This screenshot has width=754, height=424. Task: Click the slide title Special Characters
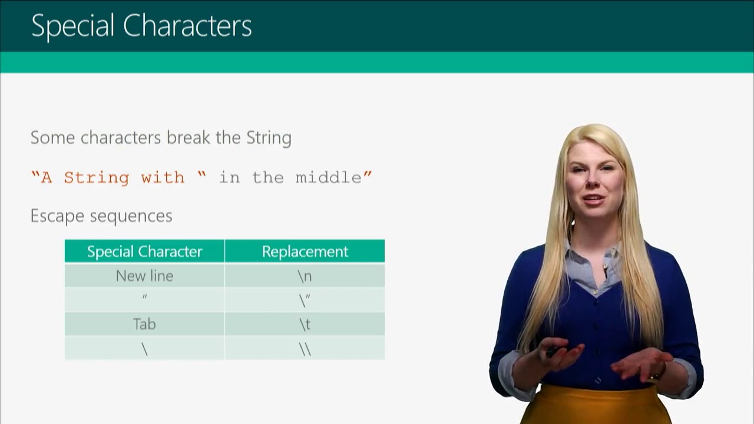(141, 26)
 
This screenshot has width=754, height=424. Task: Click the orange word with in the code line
(163, 178)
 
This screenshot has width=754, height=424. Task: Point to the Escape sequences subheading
(101, 216)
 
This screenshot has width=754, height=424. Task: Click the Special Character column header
(144, 251)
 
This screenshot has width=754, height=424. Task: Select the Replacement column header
(305, 251)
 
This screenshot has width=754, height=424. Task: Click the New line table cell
(144, 276)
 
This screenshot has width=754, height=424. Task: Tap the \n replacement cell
(305, 276)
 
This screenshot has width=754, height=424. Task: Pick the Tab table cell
(144, 324)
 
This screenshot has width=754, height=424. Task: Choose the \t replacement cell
(305, 324)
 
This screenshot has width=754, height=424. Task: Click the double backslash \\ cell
(305, 349)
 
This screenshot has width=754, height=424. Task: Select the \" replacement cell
(305, 300)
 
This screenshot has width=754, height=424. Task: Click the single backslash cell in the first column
(144, 349)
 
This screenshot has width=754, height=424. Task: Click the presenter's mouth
(593, 198)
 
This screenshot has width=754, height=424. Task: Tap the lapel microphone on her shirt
(605, 272)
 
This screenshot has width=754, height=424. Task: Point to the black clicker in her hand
(553, 352)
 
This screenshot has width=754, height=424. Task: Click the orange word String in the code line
(96, 178)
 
